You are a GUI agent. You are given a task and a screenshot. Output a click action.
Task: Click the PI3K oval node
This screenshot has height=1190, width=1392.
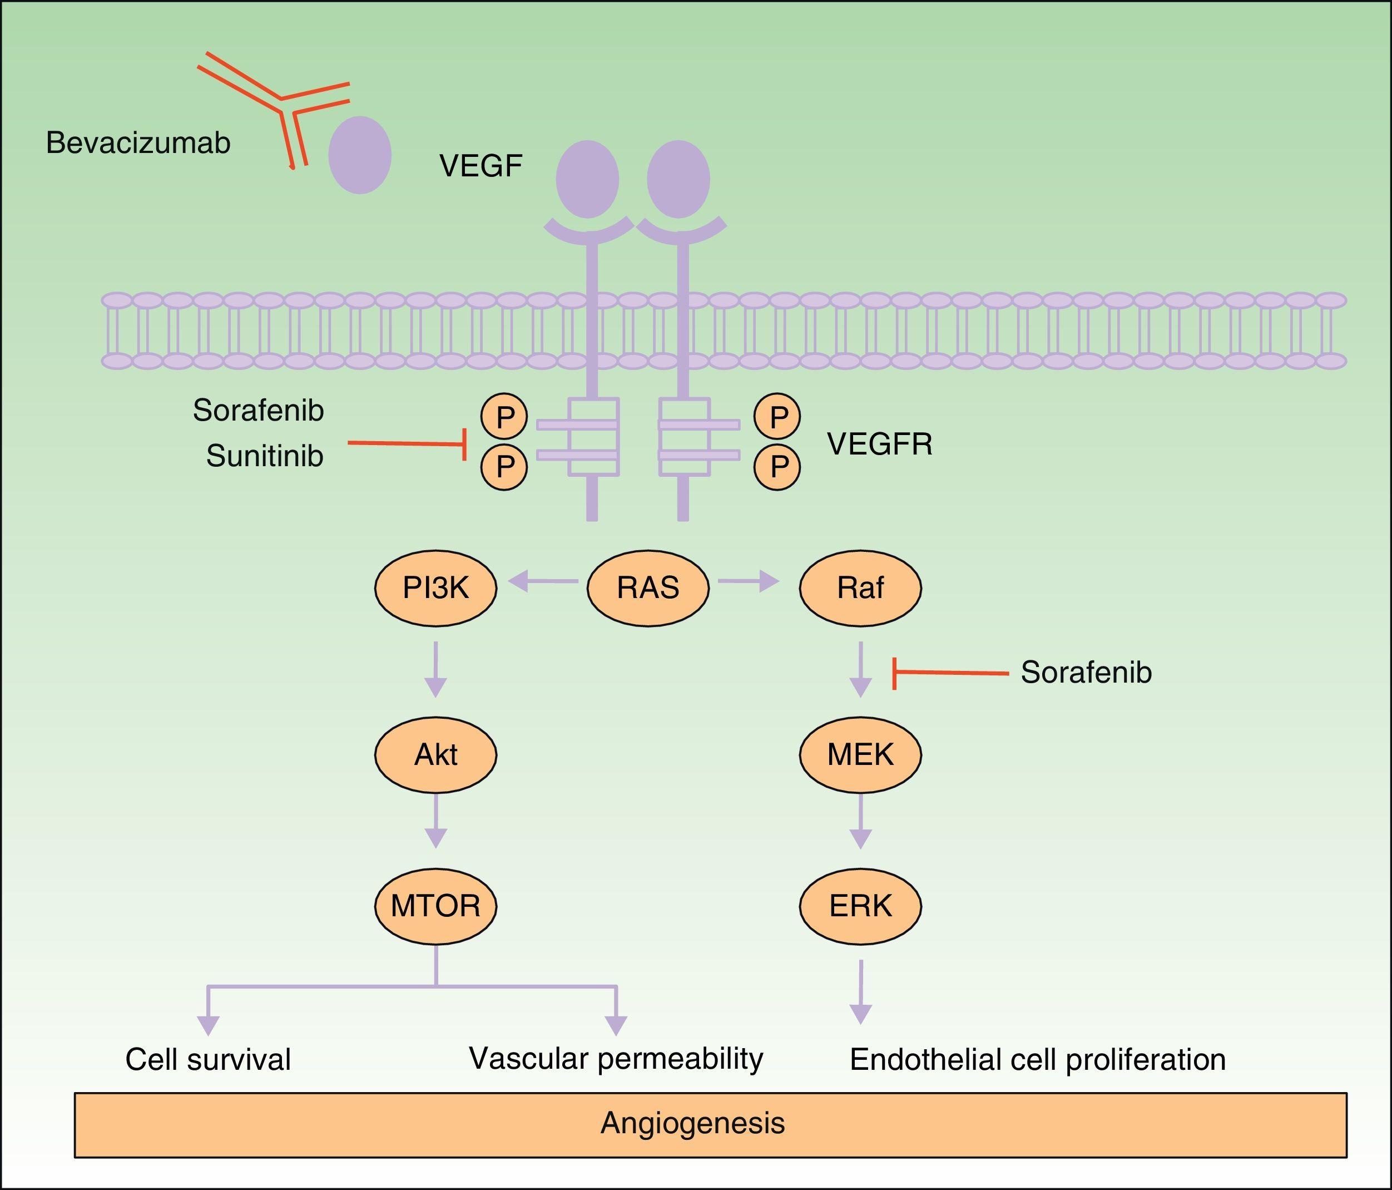(x=435, y=588)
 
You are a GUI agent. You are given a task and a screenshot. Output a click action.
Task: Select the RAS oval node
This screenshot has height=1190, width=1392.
(x=648, y=588)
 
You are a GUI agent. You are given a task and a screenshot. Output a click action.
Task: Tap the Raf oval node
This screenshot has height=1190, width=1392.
(x=860, y=588)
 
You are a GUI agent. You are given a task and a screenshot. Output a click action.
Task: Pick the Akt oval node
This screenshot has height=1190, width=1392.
(x=435, y=754)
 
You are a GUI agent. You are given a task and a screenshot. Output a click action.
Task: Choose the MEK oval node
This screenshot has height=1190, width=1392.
(x=860, y=754)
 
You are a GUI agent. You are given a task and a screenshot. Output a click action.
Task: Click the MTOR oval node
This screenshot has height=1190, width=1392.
(x=435, y=906)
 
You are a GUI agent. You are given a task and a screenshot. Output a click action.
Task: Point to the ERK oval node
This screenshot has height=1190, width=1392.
(x=860, y=906)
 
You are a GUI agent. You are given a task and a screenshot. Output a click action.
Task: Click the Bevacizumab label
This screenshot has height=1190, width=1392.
(x=138, y=143)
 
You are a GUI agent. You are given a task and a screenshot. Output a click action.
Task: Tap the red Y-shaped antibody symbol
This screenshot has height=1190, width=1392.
(x=282, y=101)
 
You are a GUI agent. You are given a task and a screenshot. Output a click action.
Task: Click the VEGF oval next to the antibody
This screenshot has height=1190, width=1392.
(x=360, y=155)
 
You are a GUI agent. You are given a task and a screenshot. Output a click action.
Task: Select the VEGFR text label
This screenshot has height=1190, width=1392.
(x=879, y=444)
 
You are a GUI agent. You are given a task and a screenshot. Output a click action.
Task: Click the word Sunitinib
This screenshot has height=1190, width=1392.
(x=265, y=456)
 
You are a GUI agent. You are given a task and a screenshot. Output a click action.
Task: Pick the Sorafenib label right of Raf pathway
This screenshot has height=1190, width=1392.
(x=1086, y=673)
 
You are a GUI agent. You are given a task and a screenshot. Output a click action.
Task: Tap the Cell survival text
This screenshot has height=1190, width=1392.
(x=208, y=1060)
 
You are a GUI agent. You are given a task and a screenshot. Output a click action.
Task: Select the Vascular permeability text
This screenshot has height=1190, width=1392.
(x=616, y=1058)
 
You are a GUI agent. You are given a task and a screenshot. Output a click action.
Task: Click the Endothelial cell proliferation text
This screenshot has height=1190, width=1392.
(x=1038, y=1060)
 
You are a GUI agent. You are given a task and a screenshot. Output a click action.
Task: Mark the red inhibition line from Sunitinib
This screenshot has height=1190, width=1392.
(x=407, y=444)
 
